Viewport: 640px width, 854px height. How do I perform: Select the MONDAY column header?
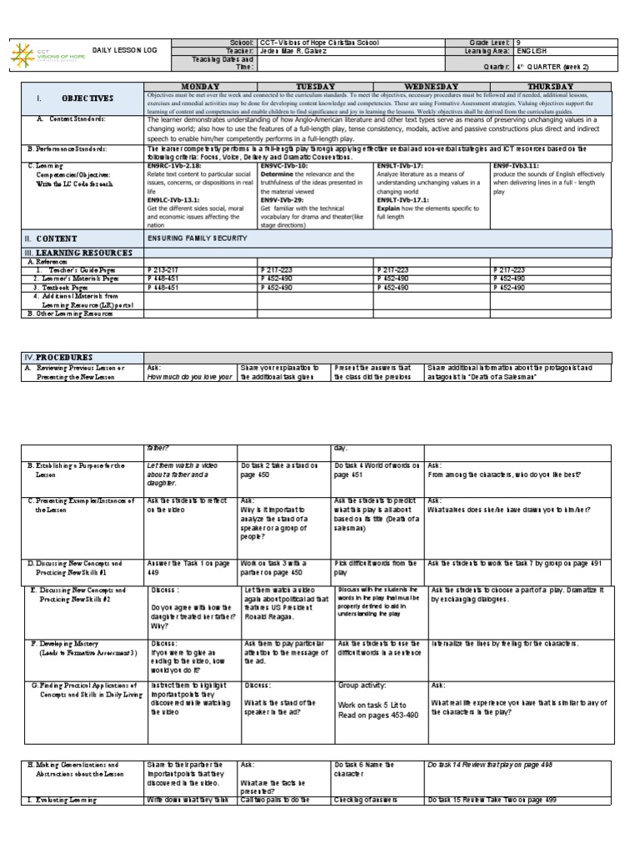click(x=200, y=86)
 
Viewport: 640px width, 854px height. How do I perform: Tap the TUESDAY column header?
click(x=315, y=86)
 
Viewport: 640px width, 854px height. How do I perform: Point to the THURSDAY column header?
click(x=550, y=86)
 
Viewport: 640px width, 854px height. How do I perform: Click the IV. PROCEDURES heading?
click(x=57, y=357)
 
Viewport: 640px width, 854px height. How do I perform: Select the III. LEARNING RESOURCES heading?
click(x=78, y=252)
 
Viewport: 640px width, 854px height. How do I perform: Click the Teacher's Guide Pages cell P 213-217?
click(x=162, y=270)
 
